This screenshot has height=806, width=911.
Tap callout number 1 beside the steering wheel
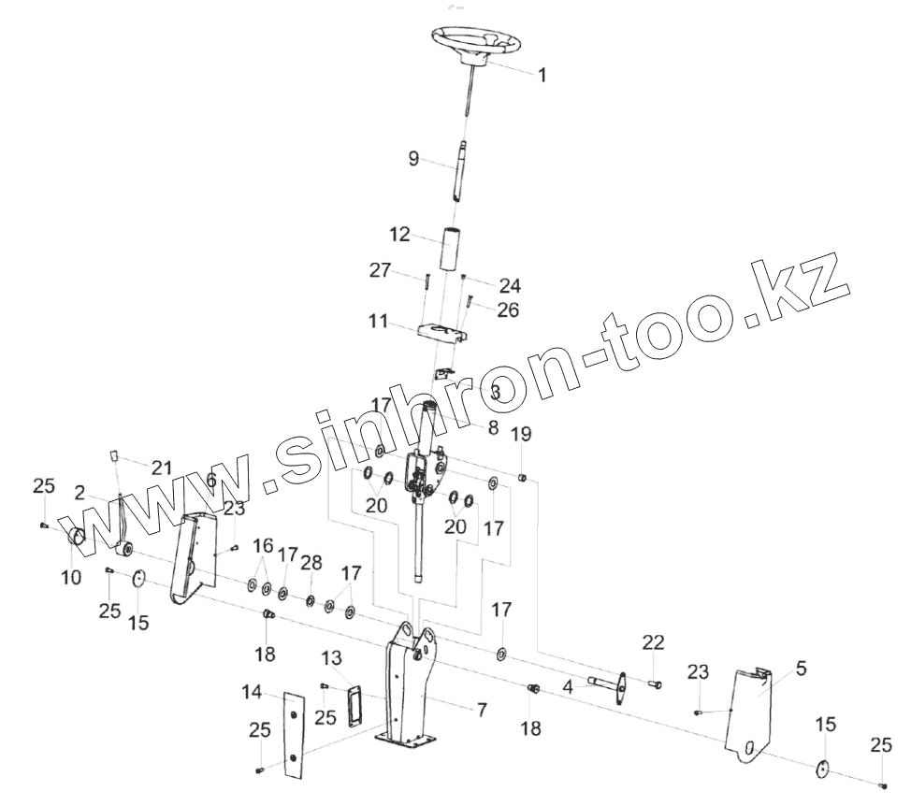click(542, 75)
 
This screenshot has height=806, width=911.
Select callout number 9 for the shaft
click(412, 159)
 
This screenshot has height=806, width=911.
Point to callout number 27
click(380, 270)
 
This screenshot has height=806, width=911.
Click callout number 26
click(507, 309)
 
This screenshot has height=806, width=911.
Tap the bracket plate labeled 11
click(439, 334)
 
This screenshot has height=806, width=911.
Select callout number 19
click(521, 434)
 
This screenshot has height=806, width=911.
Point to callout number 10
click(72, 577)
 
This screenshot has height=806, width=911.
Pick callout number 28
click(311, 562)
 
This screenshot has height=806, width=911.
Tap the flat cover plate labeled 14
click(294, 735)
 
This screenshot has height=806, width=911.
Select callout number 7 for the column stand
click(481, 710)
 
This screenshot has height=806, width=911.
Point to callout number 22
click(653, 641)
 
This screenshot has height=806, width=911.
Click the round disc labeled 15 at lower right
click(822, 769)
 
